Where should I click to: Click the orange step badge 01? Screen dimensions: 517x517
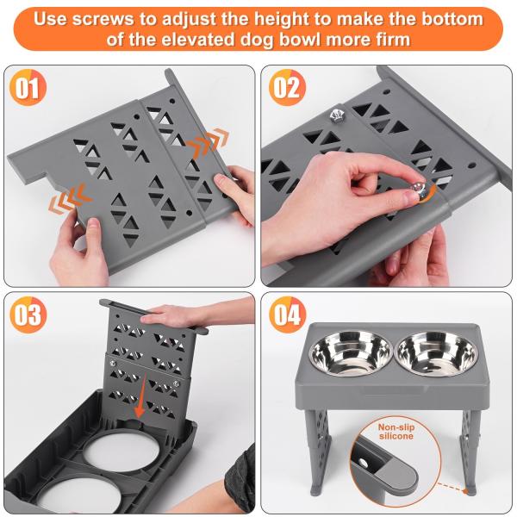click(28, 90)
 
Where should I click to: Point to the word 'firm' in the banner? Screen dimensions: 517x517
click(386, 40)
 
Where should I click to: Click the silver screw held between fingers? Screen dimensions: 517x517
click(419, 190)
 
